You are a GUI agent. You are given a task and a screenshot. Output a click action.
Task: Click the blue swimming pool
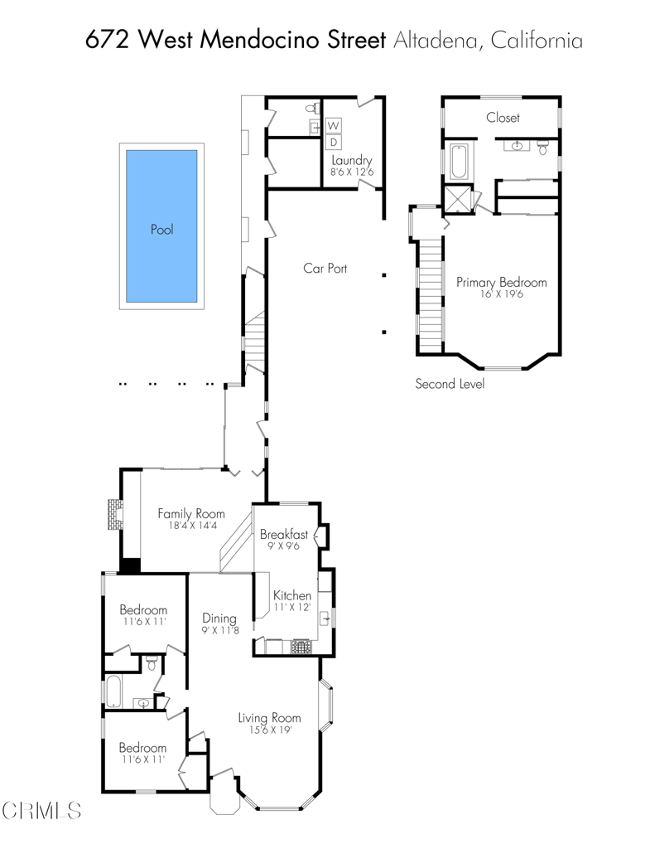161,226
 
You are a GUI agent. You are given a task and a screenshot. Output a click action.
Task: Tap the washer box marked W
335,126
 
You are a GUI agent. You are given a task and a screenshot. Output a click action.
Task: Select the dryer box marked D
335,142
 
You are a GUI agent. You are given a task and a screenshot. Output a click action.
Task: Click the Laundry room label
352,161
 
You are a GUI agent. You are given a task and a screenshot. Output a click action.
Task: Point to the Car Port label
325,269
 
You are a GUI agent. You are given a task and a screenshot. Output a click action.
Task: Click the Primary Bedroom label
501,282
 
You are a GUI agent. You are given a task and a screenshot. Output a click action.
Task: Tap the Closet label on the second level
503,118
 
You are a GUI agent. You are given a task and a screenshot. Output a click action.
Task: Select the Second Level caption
450,384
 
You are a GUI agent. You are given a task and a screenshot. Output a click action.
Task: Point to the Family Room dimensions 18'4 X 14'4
191,526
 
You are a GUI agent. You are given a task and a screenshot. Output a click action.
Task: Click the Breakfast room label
284,535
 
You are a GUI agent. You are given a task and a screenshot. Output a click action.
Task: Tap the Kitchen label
292,595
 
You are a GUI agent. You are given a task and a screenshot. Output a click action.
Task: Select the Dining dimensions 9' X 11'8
220,630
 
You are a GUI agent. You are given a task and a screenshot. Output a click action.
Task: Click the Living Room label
269,718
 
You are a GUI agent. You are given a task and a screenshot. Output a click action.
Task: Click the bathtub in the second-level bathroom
458,162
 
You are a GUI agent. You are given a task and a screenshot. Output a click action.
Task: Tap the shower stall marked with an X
455,200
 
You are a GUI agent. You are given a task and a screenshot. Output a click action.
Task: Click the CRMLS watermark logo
41,809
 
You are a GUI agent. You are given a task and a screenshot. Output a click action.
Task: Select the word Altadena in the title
434,40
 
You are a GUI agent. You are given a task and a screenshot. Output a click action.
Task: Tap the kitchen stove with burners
301,646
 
